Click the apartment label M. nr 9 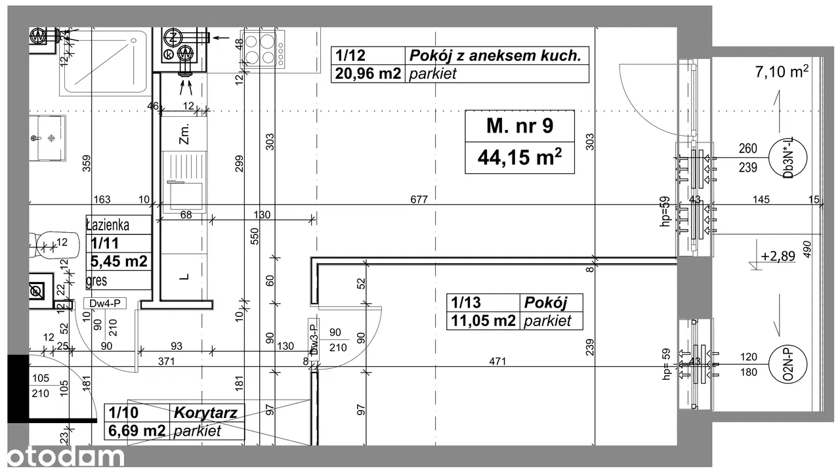(x=520, y=126)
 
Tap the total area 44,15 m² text (x=520, y=157)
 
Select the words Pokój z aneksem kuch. (x=495, y=56)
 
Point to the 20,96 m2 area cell (x=368, y=73)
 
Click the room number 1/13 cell (x=466, y=302)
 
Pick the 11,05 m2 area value (x=483, y=321)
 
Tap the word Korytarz (x=205, y=413)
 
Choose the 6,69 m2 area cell (x=137, y=430)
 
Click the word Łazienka (x=108, y=225)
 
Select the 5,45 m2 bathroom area (x=119, y=261)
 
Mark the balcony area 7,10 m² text (x=782, y=72)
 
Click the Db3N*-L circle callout (x=788, y=157)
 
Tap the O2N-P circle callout (x=787, y=364)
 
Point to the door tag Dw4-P (x=105, y=304)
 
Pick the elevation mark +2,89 (x=778, y=257)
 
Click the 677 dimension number (x=419, y=199)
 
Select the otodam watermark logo (x=66, y=456)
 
